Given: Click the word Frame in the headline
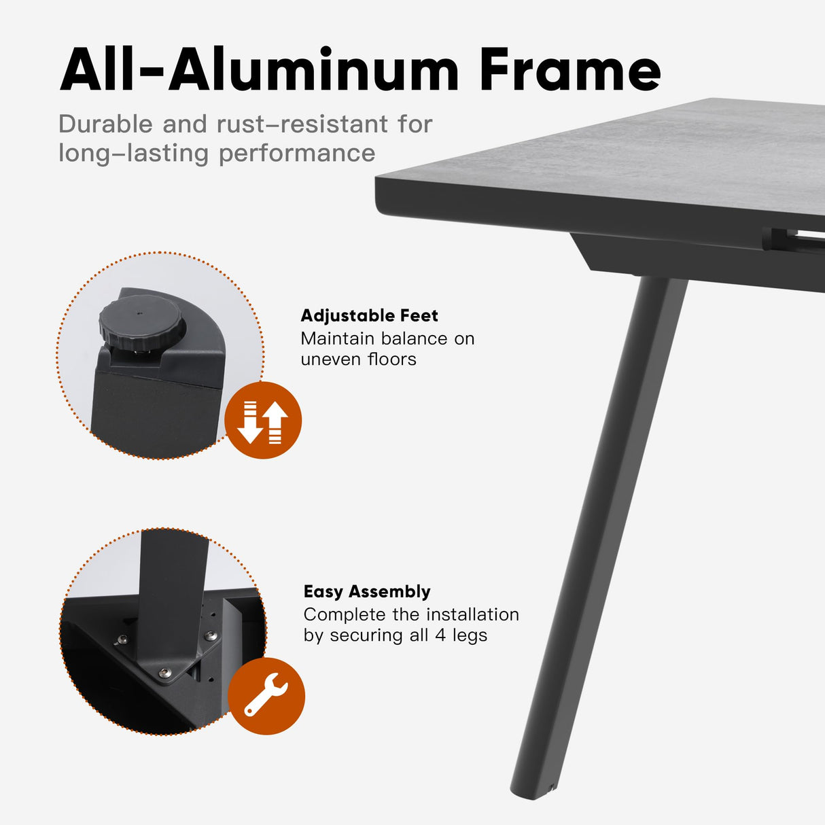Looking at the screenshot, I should click(569, 70).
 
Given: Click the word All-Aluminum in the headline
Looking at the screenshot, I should click(259, 70).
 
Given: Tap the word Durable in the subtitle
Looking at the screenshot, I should click(105, 124).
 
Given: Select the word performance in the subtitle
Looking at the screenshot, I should click(296, 153).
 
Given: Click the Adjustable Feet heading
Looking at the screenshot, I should click(369, 315).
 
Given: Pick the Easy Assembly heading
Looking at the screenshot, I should click(367, 591).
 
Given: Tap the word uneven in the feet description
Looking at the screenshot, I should click(331, 359).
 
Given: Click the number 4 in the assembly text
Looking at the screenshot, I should click(440, 635).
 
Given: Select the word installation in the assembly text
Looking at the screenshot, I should click(472, 614).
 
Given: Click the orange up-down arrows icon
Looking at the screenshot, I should click(263, 420).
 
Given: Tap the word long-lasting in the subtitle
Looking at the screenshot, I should click(133, 153).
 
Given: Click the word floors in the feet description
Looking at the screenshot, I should click(391, 359).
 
